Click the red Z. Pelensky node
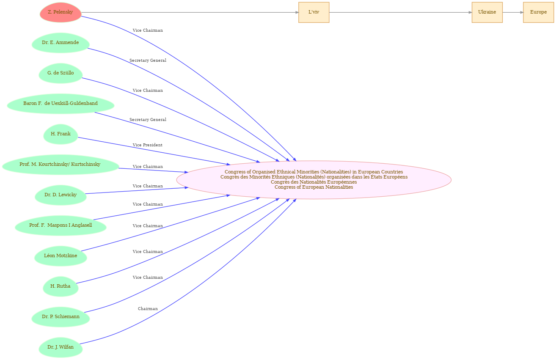point(61,12)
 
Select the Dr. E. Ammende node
point(61,43)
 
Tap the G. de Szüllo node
point(61,74)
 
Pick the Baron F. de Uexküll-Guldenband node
point(61,104)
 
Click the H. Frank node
point(61,134)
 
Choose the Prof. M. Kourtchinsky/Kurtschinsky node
point(61,165)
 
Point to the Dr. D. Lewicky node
point(61,195)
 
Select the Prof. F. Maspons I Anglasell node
point(61,225)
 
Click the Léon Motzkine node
point(61,256)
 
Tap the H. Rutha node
point(61,286)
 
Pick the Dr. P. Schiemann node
point(61,317)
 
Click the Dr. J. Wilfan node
point(61,347)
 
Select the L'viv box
point(314,12)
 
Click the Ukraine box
point(487,12)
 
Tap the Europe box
point(538,12)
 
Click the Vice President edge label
point(147,145)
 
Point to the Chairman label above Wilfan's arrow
point(148,309)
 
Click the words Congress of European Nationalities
point(314,187)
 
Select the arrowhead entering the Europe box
point(521,12)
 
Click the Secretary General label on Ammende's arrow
point(148,60)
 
